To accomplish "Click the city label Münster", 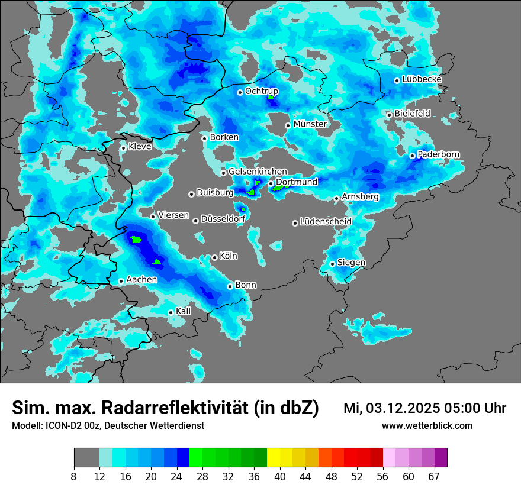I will tap(310, 124).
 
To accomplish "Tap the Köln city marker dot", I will tap(214, 257).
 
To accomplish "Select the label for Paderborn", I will tap(439, 154).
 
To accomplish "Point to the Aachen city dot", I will tap(121, 281).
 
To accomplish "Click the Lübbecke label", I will tap(422, 79).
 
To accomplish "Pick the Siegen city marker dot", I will tap(333, 264).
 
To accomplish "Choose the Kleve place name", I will tap(140, 147).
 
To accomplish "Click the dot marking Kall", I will tap(171, 312).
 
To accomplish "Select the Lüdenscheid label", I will tap(326, 222).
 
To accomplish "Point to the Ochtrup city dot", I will tap(240, 92).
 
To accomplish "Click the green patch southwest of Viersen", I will tap(137, 240).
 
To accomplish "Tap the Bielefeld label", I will tap(413, 114).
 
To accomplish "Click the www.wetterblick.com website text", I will tap(427, 426).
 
